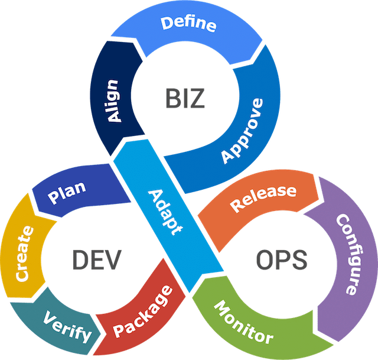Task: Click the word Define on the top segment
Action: click(188, 25)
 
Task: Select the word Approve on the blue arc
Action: click(242, 131)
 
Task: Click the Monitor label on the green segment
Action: click(243, 323)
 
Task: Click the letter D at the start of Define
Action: click(167, 26)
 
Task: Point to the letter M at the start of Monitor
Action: click(219, 307)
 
